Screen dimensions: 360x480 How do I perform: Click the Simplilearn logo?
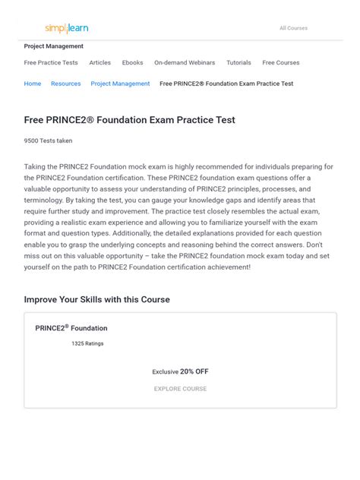[67, 28]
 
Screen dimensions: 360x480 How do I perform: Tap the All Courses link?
[293, 28]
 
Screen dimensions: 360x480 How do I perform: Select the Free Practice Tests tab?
[51, 63]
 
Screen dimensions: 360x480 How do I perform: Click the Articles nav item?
[99, 63]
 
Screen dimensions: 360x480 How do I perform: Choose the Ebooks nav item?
[132, 63]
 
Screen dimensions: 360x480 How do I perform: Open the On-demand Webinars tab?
[185, 63]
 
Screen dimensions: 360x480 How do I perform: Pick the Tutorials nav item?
[238, 63]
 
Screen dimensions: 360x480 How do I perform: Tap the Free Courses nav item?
[281, 63]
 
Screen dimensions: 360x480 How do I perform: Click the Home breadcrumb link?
[33, 84]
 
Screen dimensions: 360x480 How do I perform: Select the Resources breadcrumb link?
[66, 84]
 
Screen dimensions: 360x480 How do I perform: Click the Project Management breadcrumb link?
[120, 84]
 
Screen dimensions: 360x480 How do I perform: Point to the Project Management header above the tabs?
[54, 46]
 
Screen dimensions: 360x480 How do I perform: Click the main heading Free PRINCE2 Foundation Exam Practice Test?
[129, 120]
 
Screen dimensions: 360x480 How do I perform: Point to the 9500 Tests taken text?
[45, 141]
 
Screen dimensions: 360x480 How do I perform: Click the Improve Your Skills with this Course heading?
[97, 299]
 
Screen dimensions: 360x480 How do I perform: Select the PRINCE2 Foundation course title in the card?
[71, 328]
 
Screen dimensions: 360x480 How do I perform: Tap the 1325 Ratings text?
[87, 343]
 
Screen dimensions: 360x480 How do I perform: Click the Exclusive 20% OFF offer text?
[180, 371]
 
